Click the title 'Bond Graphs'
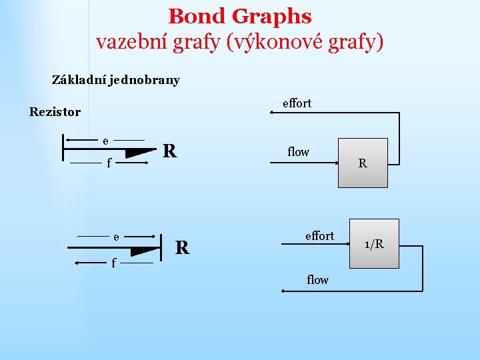[240, 16]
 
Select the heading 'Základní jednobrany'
[116, 80]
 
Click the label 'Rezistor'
[55, 112]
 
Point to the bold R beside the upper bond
[170, 151]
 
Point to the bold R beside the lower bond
[182, 248]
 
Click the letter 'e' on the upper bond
[105, 141]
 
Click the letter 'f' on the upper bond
[109, 162]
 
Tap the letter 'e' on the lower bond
[116, 237]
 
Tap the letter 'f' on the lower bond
[113, 264]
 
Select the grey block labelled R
[363, 163]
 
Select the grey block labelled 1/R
[374, 243]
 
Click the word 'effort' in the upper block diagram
[297, 103]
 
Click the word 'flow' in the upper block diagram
[298, 152]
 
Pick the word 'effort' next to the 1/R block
[319, 236]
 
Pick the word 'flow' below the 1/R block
[317, 280]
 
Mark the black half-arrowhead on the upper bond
[142, 153]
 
